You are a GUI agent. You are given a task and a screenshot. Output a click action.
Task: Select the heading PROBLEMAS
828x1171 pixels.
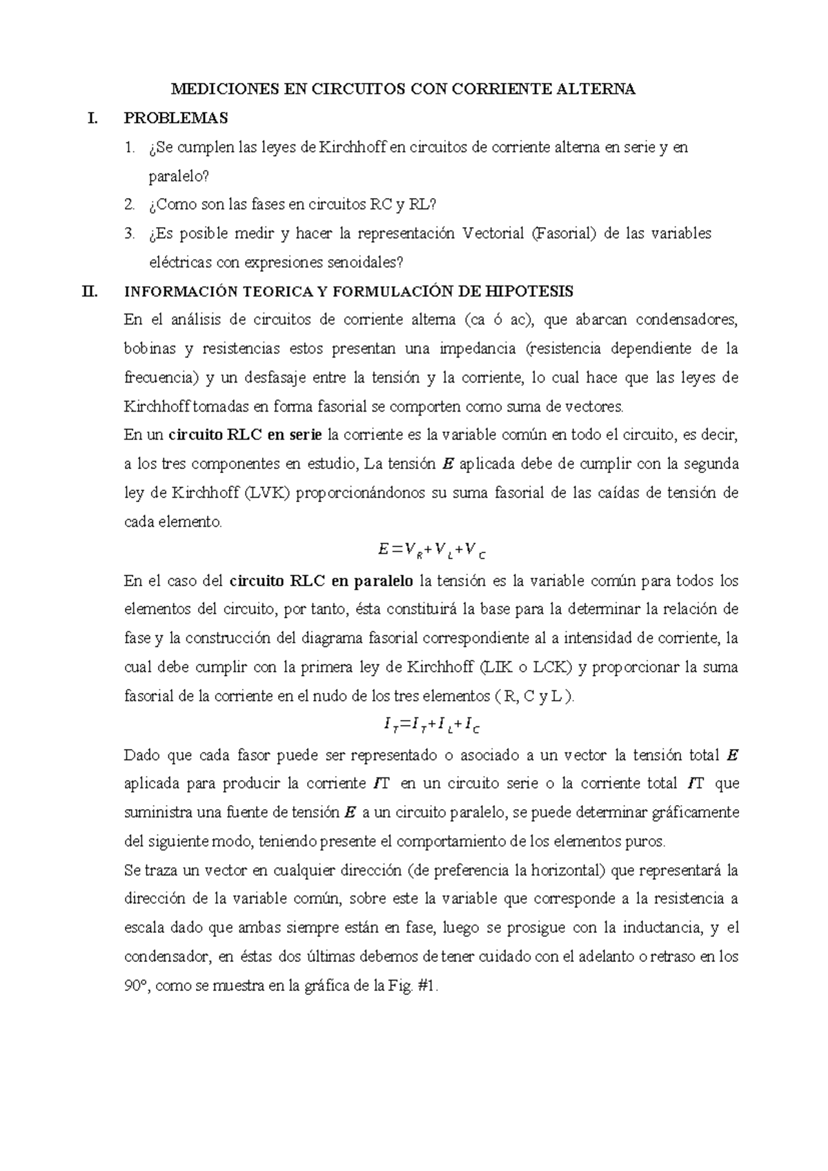pyautogui.click(x=175, y=118)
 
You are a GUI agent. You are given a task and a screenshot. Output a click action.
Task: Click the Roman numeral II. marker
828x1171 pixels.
pyautogui.click(x=89, y=291)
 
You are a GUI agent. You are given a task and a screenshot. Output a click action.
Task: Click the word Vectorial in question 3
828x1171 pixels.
pyautogui.click(x=493, y=233)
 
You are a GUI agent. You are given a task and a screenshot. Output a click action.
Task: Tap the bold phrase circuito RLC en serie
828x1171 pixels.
pyautogui.click(x=246, y=435)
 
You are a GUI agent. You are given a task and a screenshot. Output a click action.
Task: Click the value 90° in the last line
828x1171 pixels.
pyautogui.click(x=137, y=986)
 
